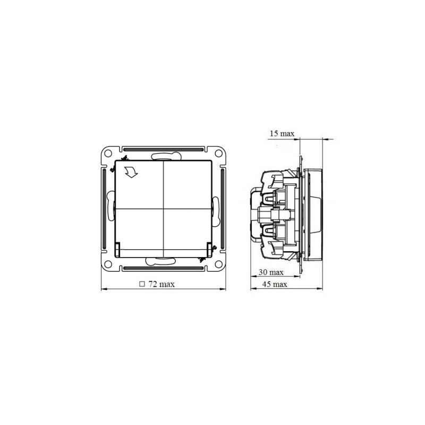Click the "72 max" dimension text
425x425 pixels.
point(161,284)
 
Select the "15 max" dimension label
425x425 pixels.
point(282,133)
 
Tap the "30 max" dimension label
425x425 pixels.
point(270,272)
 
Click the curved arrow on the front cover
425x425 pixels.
point(130,172)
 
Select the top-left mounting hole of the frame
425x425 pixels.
point(108,154)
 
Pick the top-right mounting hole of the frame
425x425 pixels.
point(218,154)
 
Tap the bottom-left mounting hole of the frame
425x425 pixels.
point(108,263)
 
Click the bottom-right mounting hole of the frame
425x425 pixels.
point(218,263)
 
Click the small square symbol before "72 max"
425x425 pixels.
point(142,284)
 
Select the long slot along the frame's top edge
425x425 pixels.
point(163,149)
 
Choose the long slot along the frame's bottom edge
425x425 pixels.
point(163,268)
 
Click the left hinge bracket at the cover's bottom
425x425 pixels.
point(118,248)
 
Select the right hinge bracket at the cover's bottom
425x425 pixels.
point(209,248)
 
